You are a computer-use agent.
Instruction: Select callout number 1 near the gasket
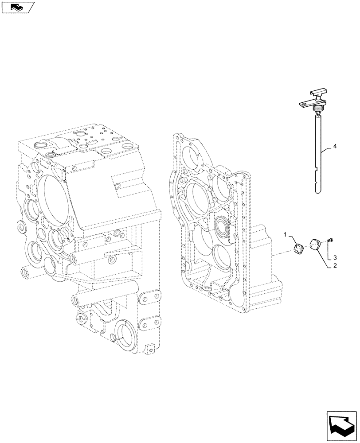click(286, 233)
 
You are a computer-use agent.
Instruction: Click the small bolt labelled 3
click(331, 240)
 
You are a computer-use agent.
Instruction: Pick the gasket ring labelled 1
click(299, 249)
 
